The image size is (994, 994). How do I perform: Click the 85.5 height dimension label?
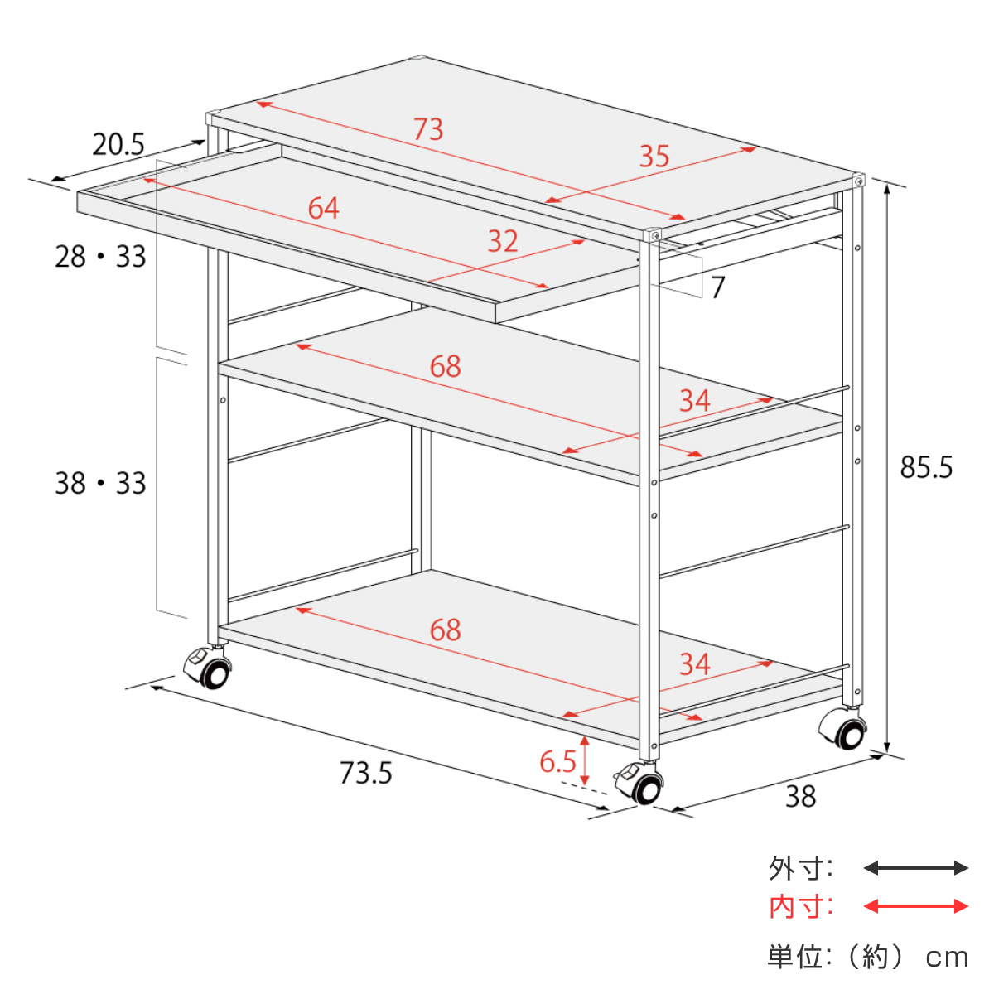point(926,467)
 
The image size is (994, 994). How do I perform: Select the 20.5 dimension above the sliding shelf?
point(118,144)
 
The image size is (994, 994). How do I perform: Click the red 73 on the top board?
point(428,129)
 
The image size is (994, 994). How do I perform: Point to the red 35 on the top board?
point(654,157)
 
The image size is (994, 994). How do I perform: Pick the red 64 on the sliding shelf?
point(323,209)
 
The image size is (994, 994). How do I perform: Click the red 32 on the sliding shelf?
point(503,241)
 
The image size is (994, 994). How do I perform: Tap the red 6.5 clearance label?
point(557,762)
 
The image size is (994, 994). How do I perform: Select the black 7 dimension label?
point(718,287)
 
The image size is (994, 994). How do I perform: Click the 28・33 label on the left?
point(100,256)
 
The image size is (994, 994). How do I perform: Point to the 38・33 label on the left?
point(100,483)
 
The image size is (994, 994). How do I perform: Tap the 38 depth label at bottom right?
point(800,797)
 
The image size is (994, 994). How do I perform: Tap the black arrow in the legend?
point(915,868)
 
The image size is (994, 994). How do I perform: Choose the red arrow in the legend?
point(915,906)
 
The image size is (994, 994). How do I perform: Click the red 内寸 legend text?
point(800,907)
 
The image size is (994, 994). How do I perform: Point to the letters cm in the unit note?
point(947,958)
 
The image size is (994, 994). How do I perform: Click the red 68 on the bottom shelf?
point(445,630)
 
